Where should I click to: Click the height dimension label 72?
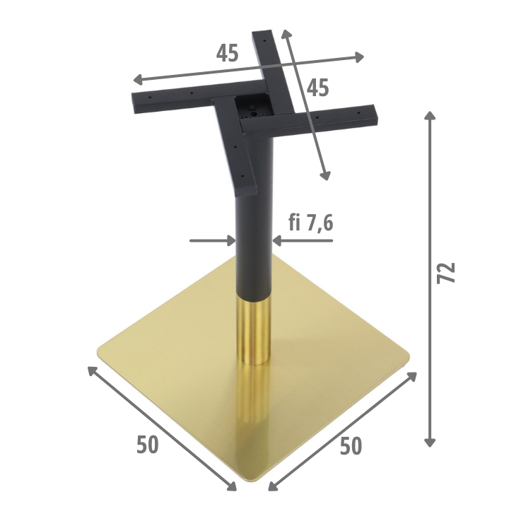[446, 273]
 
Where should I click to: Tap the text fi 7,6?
[310, 223]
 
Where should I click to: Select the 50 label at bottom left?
[148, 445]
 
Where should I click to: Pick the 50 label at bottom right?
[351, 446]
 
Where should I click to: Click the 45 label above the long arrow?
[227, 53]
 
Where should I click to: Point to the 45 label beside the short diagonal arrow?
[318, 88]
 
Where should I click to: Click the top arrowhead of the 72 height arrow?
[430, 115]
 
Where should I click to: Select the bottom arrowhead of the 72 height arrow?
[430, 442]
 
